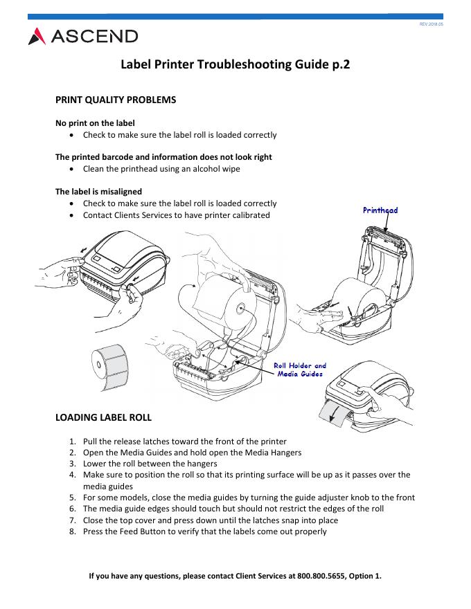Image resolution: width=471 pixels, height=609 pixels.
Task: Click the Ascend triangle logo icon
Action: click(x=37, y=36)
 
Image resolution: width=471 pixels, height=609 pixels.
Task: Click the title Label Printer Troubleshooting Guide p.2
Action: click(x=235, y=65)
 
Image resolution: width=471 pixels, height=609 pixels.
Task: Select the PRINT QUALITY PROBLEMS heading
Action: click(x=116, y=100)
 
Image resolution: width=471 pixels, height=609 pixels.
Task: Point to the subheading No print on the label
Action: click(x=95, y=123)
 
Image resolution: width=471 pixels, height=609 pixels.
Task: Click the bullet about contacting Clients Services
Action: click(x=176, y=215)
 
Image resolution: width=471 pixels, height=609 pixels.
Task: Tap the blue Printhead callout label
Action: click(x=380, y=210)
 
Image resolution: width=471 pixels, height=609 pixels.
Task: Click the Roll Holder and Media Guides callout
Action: click(x=300, y=370)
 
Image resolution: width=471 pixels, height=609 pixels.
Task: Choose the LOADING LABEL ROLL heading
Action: click(x=103, y=417)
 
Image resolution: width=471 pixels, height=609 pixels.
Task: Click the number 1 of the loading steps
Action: click(x=73, y=442)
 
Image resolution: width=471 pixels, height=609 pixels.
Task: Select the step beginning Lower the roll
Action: click(x=150, y=464)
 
